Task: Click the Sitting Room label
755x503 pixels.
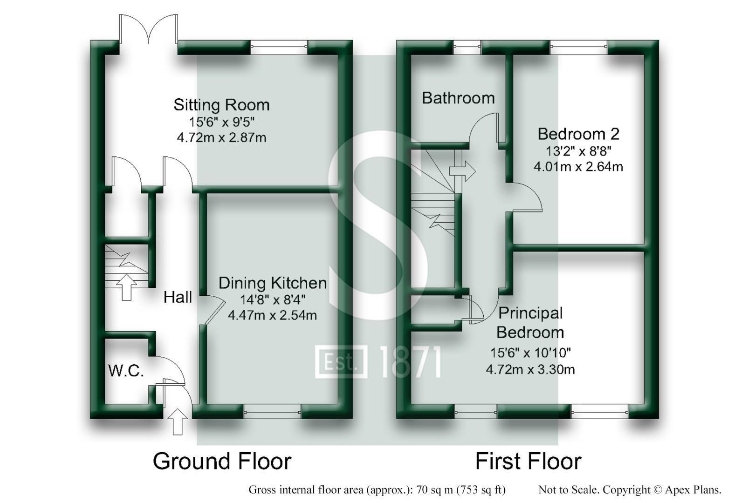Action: [x=221, y=104]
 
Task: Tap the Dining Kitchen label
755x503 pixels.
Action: [x=273, y=283]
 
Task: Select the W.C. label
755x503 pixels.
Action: [x=126, y=371]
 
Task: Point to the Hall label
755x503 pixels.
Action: [x=178, y=297]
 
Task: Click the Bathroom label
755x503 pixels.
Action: [x=458, y=98]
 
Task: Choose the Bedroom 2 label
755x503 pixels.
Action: [x=578, y=134]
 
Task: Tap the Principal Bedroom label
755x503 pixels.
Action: [x=530, y=322]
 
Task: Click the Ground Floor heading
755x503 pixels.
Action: [x=222, y=461]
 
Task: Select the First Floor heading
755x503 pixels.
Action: [x=528, y=461]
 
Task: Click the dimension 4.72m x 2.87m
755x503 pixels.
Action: [x=221, y=137]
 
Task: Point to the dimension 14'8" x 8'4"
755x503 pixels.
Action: [x=273, y=299]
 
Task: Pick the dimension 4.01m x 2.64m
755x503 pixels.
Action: [x=578, y=166]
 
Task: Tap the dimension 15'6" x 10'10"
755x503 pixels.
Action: [x=530, y=353]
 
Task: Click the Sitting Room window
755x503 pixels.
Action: [x=279, y=45]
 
